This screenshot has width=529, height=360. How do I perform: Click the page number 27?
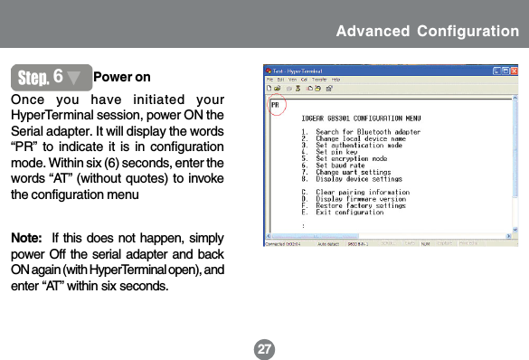click(263, 346)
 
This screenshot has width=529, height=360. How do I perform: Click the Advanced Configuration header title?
click(427, 32)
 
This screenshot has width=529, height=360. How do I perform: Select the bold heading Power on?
click(122, 77)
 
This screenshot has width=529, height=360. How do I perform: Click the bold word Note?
click(28, 239)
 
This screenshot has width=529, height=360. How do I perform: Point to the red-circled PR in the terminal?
click(275, 106)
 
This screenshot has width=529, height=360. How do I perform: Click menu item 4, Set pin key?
click(335, 153)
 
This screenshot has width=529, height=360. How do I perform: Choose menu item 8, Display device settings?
click(354, 178)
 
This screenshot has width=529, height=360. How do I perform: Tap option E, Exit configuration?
click(347, 212)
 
